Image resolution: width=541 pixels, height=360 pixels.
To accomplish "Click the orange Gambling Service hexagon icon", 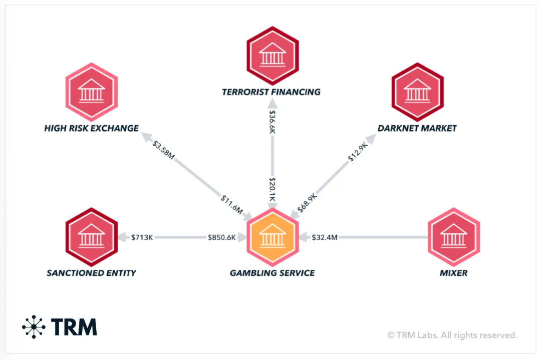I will [273, 237].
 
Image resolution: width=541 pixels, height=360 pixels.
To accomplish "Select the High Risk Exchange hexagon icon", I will [91, 92].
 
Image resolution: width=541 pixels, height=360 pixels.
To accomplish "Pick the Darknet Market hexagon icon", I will [417, 92].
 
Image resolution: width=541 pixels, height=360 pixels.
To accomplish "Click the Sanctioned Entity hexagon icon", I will [91, 237].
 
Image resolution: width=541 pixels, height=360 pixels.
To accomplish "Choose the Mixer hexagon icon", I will [454, 237].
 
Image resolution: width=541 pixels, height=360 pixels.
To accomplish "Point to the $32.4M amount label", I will [325, 237].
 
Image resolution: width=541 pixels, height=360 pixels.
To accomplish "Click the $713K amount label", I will [142, 237].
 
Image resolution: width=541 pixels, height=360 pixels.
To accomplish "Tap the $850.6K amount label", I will [222, 237].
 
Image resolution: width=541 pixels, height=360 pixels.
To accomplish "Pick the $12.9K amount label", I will [358, 152].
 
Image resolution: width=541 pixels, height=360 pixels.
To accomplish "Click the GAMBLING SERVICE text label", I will [272, 273].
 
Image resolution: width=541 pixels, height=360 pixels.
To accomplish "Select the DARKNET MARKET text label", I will [417, 128].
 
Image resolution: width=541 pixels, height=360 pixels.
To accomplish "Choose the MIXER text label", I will [453, 273].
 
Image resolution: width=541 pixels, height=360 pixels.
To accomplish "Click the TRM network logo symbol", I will [34, 327].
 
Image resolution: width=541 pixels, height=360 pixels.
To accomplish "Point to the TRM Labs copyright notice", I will [452, 335].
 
